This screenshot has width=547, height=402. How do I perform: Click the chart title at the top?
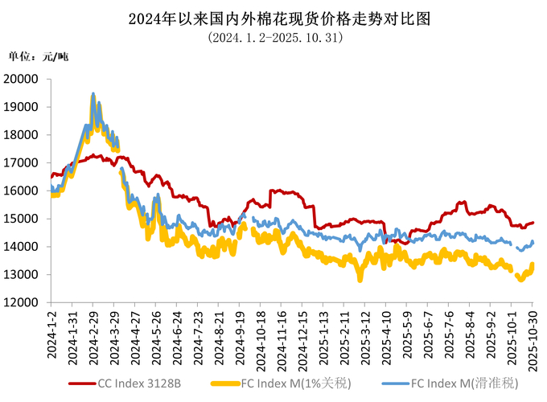coord(273,18)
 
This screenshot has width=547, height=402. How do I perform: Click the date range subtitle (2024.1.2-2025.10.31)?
coord(273,37)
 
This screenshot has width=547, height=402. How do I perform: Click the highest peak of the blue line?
coord(93,94)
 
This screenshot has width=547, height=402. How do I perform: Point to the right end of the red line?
coord(533,223)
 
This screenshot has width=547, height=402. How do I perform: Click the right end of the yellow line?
coord(533,265)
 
